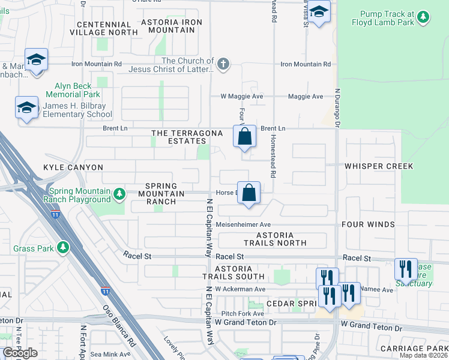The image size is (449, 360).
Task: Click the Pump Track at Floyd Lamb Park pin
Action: [x=424, y=17]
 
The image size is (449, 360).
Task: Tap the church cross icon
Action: [x=223, y=64]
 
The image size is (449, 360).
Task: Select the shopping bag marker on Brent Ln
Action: [x=245, y=136]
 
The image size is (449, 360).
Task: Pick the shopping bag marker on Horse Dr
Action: [x=249, y=193]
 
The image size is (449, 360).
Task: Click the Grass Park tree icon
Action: [x=62, y=248]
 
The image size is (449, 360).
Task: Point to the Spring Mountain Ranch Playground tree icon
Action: [x=119, y=194]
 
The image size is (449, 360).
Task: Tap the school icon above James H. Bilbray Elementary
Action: [x=26, y=108]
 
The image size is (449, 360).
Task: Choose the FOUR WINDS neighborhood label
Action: [x=368, y=224]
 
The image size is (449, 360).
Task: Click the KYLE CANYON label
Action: [x=73, y=167]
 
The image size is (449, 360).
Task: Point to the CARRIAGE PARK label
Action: [x=413, y=349]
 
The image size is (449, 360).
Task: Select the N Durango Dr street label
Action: [x=337, y=108]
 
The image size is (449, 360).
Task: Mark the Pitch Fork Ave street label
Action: [x=243, y=313]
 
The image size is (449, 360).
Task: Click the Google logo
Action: [x=20, y=353]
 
